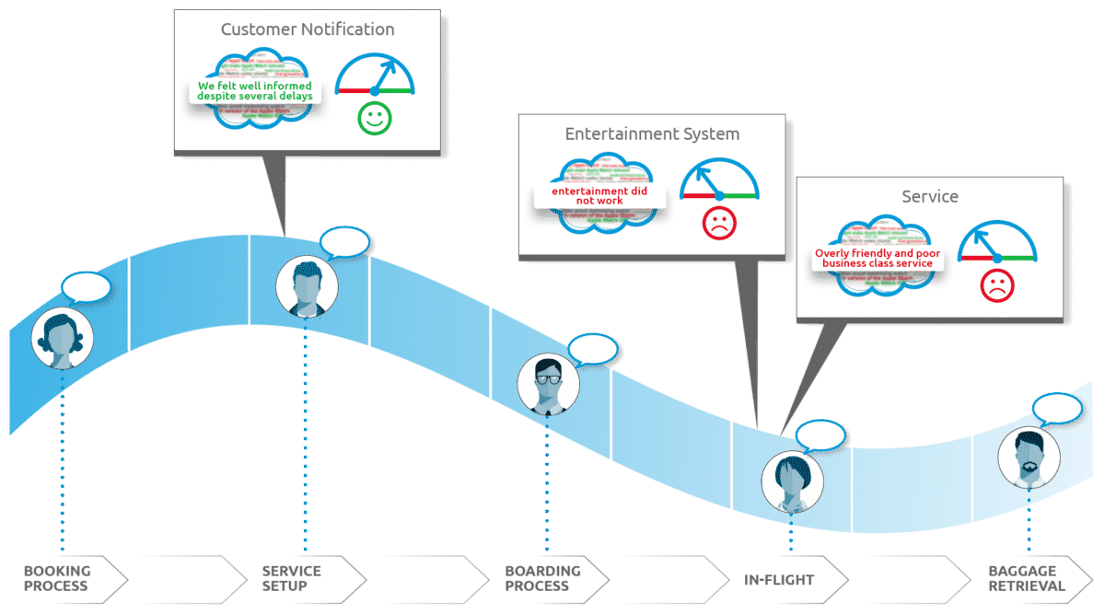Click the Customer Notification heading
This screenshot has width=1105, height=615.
point(308,29)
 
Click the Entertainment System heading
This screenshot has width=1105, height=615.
point(652,134)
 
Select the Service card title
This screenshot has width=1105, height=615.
point(930,197)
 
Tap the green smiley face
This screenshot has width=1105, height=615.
point(374,118)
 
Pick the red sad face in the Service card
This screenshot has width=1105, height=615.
point(996,285)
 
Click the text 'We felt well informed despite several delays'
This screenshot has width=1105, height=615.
point(255,91)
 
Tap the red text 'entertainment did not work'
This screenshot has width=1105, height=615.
point(599,195)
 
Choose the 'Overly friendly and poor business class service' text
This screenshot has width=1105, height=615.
point(878,258)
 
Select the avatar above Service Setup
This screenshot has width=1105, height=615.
point(307,285)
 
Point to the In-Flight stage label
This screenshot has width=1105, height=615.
point(779,579)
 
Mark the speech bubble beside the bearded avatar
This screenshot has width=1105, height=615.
point(1056,408)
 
